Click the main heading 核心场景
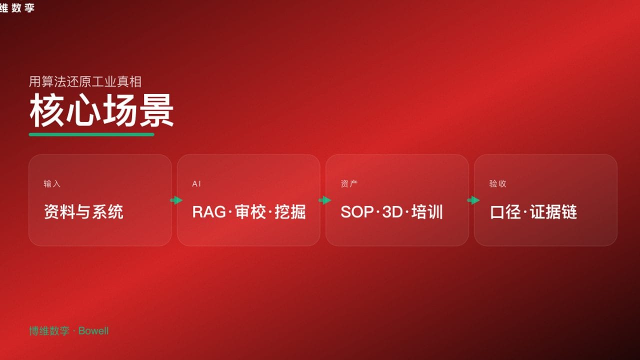tap(101, 111)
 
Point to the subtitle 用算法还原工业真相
tap(85, 81)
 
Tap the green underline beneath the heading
tap(91, 134)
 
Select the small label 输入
tap(52, 184)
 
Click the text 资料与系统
tap(83, 212)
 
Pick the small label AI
tap(196, 184)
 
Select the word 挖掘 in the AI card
tap(290, 212)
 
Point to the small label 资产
tap(349, 184)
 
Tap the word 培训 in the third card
tap(427, 212)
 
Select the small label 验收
tap(497, 184)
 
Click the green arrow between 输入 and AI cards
tap(176, 200)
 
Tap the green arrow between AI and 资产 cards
tap(325, 200)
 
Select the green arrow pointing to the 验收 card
tap(473, 200)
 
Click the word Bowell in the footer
tap(93, 331)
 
